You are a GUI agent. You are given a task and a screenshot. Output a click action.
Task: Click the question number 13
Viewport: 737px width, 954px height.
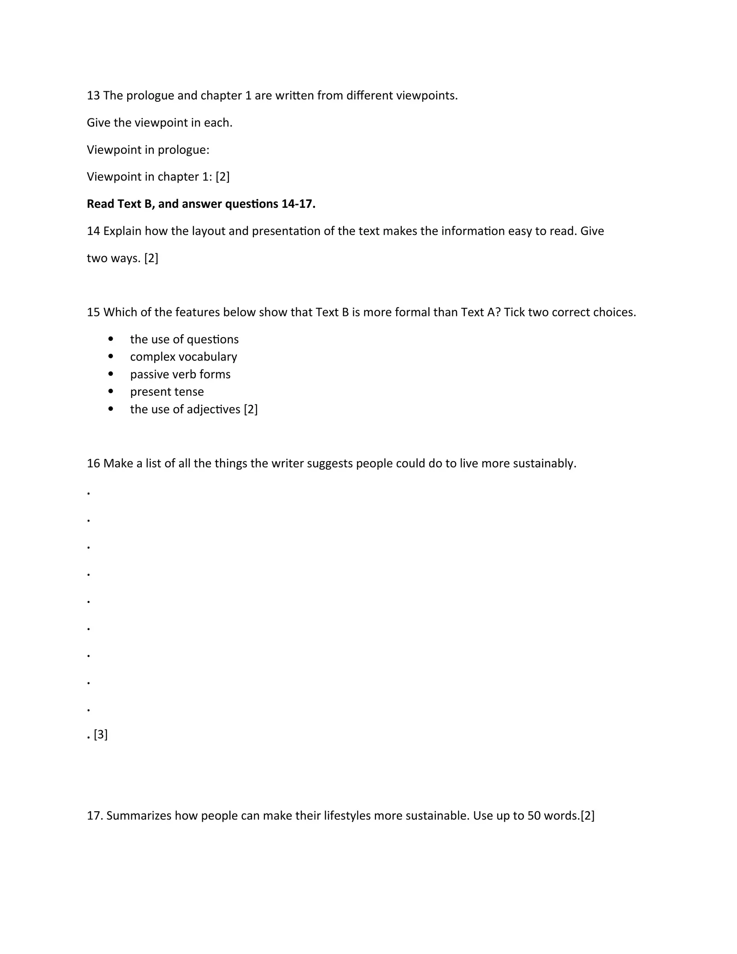pos(94,96)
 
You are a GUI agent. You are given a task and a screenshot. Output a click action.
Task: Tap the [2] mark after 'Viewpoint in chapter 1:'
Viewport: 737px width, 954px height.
pos(222,177)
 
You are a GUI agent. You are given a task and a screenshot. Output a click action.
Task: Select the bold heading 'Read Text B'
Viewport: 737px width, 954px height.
pos(120,204)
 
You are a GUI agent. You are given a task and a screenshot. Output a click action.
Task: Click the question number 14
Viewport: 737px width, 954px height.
pos(94,231)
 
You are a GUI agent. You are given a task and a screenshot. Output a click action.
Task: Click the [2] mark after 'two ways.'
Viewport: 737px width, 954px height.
pos(151,258)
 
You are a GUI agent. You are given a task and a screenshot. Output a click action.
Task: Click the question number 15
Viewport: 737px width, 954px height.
pos(94,312)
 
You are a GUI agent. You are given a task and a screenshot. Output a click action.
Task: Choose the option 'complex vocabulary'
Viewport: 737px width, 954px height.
pos(183,357)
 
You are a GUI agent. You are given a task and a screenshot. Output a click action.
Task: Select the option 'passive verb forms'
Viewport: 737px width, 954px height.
pos(180,375)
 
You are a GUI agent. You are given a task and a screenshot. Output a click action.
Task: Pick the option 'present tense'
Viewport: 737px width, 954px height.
pos(167,392)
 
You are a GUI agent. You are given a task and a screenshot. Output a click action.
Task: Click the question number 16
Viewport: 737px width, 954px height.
pos(94,463)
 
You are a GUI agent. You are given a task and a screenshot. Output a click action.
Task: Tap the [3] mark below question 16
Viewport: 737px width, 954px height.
pos(100,735)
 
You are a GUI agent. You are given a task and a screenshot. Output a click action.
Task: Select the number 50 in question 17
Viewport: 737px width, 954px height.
pos(534,816)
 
